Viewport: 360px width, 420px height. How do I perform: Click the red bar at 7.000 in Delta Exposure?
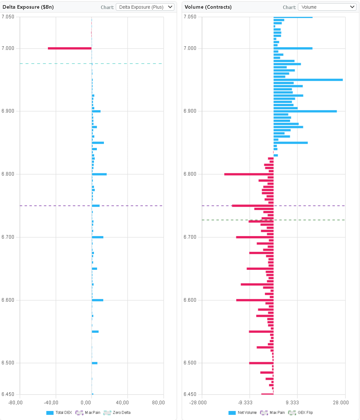[69, 49]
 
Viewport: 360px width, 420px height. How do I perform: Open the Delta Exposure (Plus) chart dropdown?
[145, 7]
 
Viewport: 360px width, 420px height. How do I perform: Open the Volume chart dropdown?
[327, 7]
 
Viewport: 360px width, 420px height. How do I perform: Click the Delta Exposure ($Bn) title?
[28, 7]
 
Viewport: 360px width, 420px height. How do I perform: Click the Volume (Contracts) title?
[208, 7]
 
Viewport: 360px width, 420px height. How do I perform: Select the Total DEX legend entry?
[60, 413]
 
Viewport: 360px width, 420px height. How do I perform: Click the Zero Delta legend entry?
[117, 413]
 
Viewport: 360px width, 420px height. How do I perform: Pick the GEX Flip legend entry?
[301, 413]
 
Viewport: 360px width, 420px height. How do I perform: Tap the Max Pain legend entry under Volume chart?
[273, 413]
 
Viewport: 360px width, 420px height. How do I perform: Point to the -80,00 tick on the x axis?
[15, 403]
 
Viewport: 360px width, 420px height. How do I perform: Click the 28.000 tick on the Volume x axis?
[340, 403]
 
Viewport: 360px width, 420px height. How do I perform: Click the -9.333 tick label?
[245, 403]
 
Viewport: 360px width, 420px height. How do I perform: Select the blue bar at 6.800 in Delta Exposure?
[99, 174]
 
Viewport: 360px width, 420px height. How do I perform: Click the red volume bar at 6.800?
[249, 174]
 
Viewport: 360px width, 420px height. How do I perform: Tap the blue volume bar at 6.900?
[305, 111]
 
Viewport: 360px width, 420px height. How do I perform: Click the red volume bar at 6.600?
[255, 300]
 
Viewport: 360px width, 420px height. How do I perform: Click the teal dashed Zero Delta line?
[129, 64]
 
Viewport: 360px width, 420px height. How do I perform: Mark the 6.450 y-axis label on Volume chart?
[190, 394]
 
